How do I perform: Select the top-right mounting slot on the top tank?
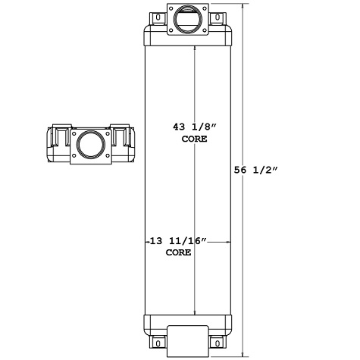click(x=218, y=17)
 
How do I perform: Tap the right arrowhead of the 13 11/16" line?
click(x=228, y=242)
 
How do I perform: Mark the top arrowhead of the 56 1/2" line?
click(x=242, y=6)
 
